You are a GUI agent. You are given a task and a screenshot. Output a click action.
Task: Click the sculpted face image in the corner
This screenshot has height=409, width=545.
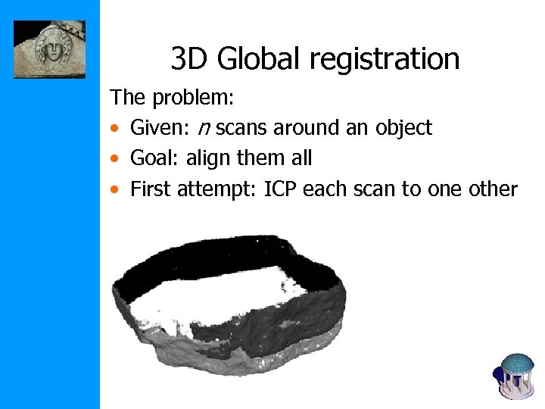[50, 50]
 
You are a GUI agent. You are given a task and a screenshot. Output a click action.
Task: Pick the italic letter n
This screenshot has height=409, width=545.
[204, 128]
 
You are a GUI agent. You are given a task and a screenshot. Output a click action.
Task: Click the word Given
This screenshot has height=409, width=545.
[159, 128]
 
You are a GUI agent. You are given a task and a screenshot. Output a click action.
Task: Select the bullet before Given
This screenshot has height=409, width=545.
[114, 129]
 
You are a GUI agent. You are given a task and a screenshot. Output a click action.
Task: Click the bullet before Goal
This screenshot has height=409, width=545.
[114, 159]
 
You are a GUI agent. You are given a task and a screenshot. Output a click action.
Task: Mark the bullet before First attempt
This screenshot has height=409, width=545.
[114, 189]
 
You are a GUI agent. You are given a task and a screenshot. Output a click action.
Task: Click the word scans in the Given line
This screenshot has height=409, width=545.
[242, 128]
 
